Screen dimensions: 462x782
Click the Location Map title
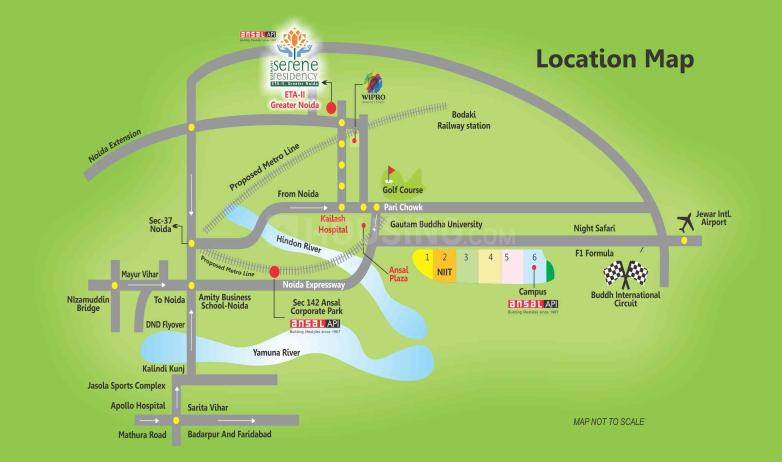pyautogui.click(x=614, y=59)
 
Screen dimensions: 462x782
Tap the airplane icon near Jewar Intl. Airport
pyautogui.click(x=685, y=220)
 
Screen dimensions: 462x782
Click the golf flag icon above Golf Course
pyautogui.click(x=392, y=172)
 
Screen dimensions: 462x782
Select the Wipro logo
pyautogui.click(x=371, y=89)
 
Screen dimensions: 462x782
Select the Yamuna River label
pyautogui.click(x=277, y=353)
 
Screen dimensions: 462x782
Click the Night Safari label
pyautogui.click(x=594, y=229)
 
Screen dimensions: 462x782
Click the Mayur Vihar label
pyautogui.click(x=141, y=272)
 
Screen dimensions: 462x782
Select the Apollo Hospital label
pyautogui.click(x=136, y=407)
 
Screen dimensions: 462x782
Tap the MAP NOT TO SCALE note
pyautogui.click(x=608, y=422)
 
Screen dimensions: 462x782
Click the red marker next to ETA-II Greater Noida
pyautogui.click(x=330, y=110)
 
